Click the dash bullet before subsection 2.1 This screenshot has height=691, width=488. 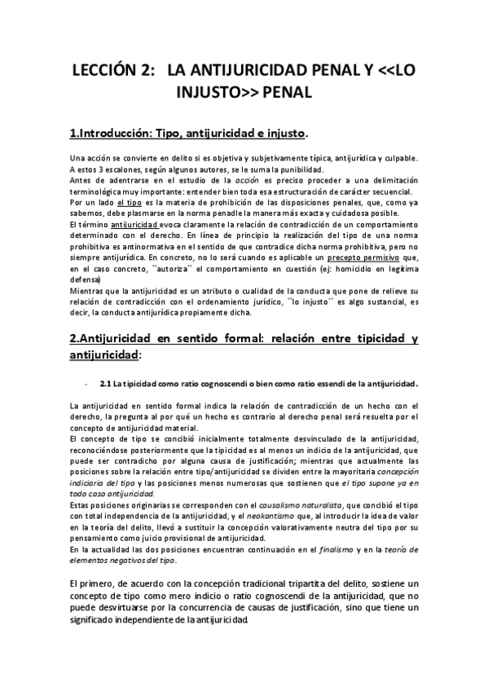point(85,383)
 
